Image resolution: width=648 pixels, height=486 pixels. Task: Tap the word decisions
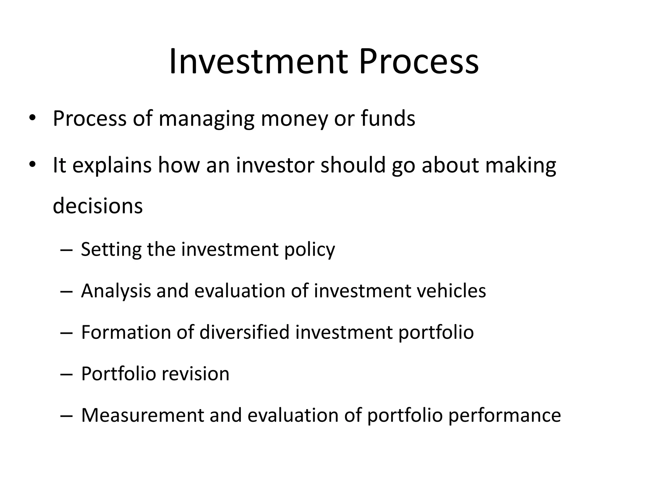pos(98,206)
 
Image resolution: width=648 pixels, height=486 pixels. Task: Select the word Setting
pos(111,250)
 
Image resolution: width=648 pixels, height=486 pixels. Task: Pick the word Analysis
pos(116,291)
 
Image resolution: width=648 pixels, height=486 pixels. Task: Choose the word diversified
pos(244,332)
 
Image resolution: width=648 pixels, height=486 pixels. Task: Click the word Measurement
pos(142,415)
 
